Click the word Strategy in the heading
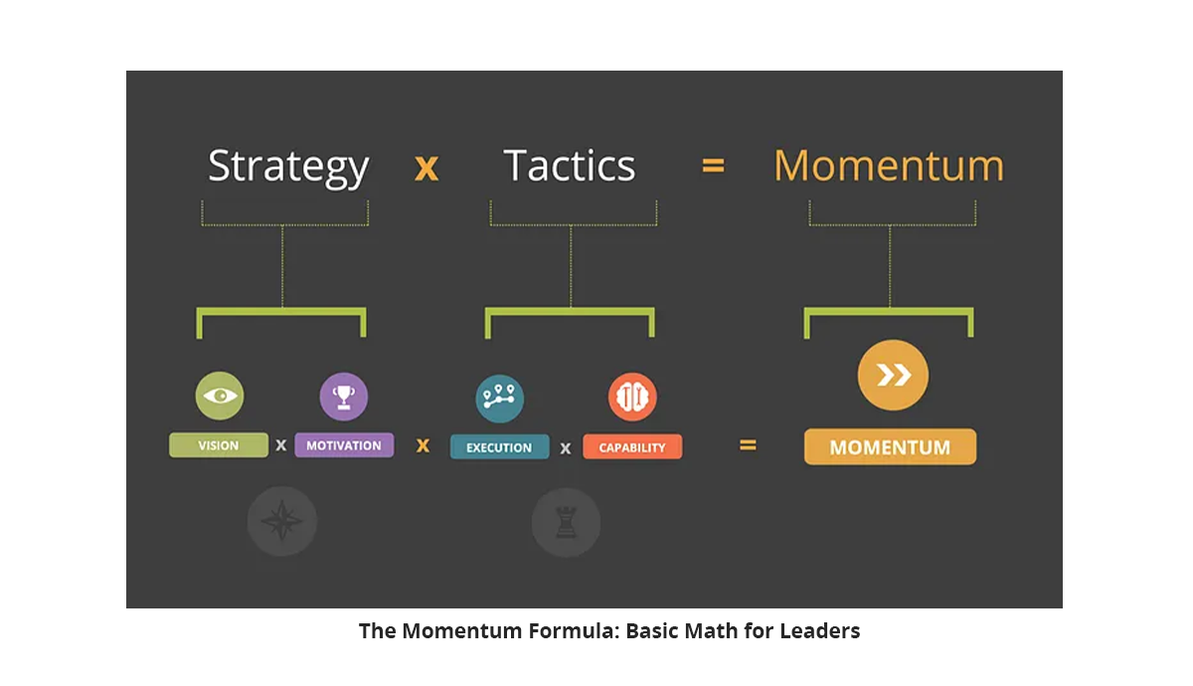288,168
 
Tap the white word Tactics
570,165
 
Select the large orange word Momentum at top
889,165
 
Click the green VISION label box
219,445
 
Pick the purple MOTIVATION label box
344,445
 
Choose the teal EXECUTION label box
499,446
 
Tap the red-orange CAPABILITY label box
632,446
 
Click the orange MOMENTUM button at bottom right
891,446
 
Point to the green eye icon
220,396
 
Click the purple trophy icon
344,397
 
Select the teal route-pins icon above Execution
499,399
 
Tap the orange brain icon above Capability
632,397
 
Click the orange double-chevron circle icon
893,375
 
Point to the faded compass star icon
282,521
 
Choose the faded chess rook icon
566,523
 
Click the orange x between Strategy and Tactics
426,168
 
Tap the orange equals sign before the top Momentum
713,166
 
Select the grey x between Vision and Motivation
281,445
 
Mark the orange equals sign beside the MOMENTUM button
748,444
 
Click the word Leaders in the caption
820,630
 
